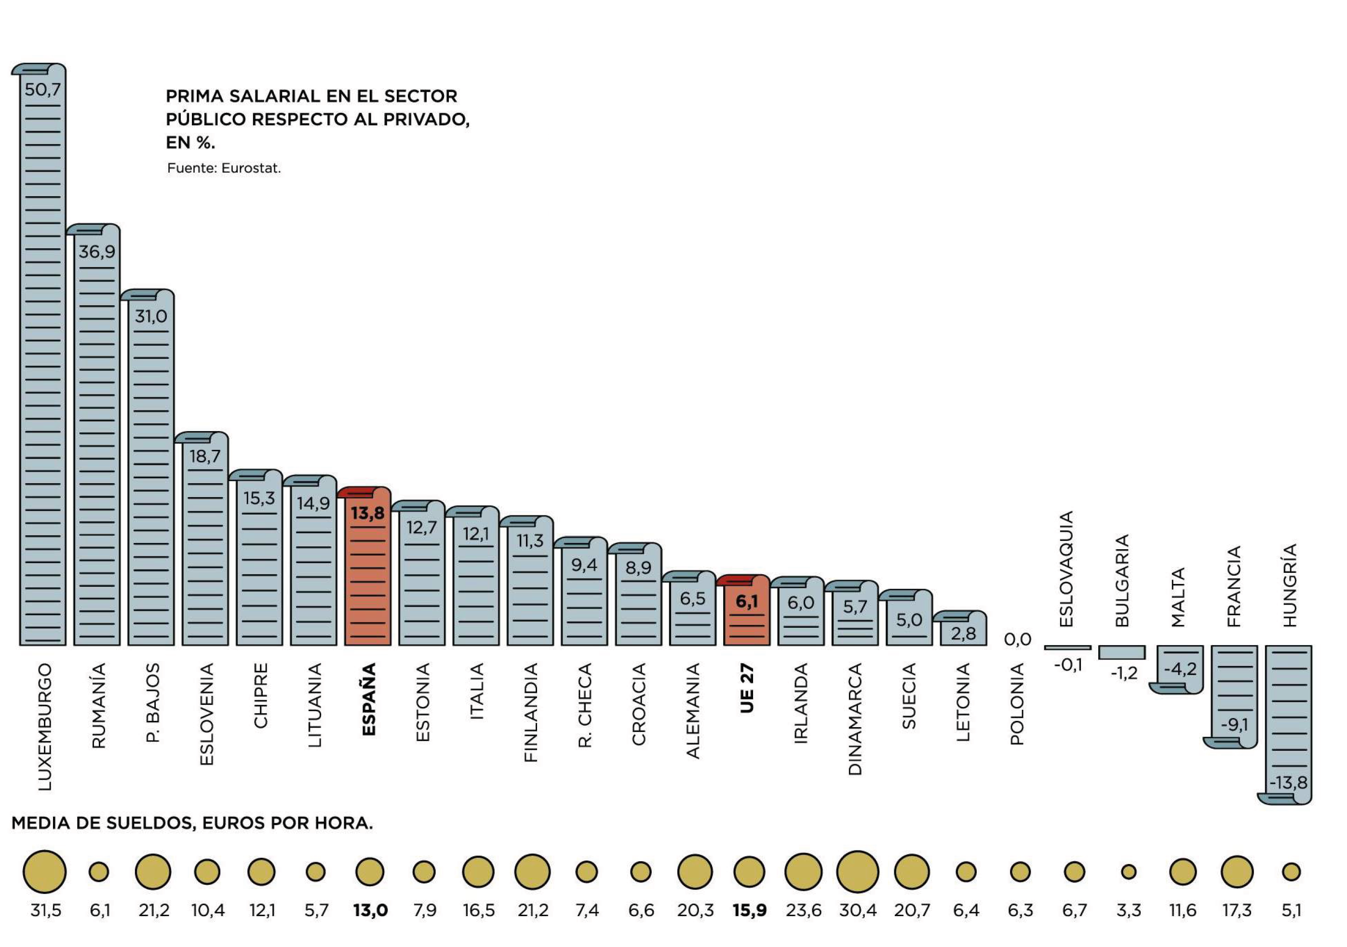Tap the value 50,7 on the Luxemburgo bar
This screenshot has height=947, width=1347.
click(x=43, y=90)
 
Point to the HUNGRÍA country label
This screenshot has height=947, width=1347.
click(x=1290, y=585)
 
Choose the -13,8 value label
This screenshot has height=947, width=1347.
click(x=1288, y=783)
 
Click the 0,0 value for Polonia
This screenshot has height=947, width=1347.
click(x=1017, y=639)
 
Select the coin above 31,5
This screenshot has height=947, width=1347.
click(x=44, y=871)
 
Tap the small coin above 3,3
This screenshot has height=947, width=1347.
click(x=1128, y=872)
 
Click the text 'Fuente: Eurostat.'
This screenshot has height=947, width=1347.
click(x=224, y=168)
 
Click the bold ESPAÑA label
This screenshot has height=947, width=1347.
click(x=368, y=699)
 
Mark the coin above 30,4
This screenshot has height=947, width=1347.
click(x=857, y=871)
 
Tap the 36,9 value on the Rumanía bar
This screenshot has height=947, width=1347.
click(x=97, y=252)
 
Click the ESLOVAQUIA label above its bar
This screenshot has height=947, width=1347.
click(x=1066, y=568)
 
